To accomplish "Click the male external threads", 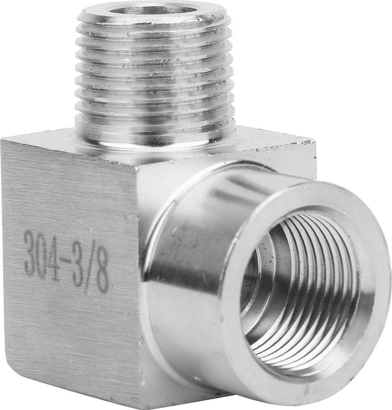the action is coord(154,70).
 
